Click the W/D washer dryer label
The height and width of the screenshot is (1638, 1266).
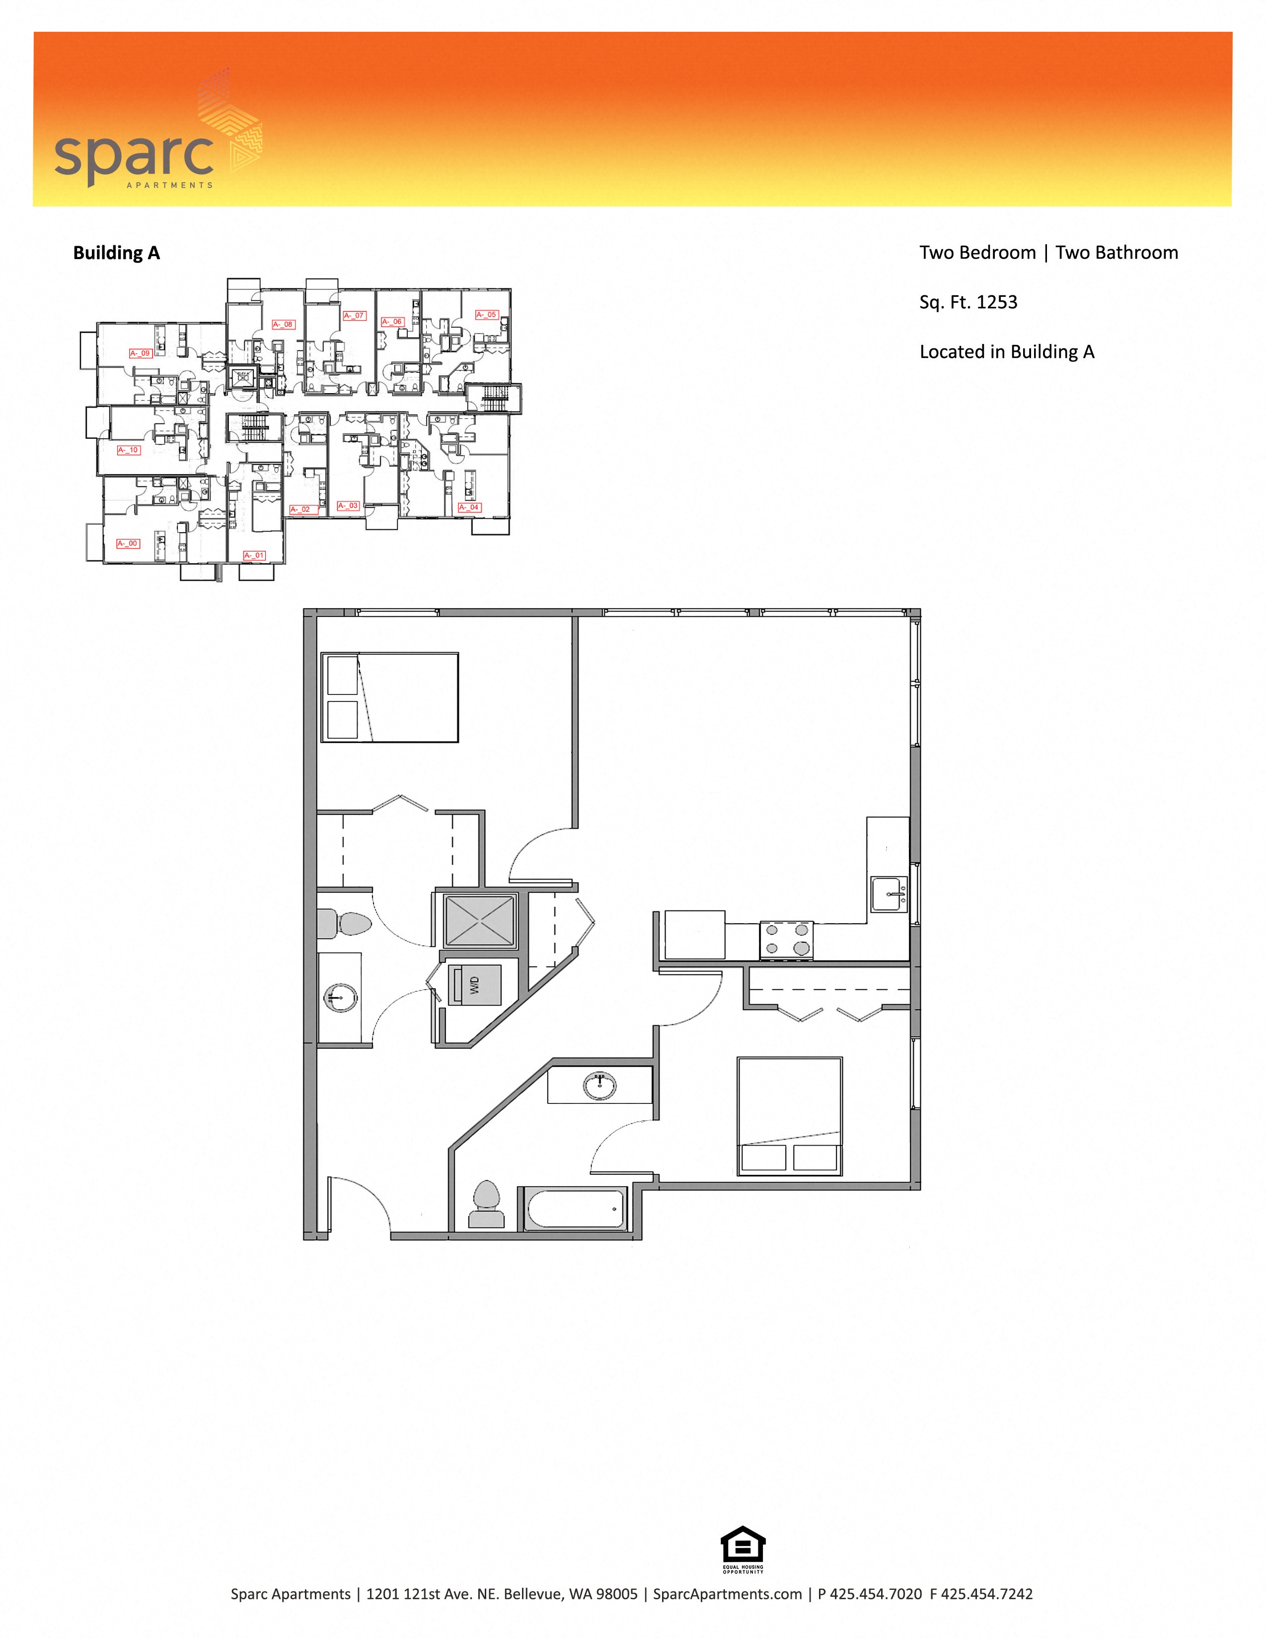click(x=473, y=984)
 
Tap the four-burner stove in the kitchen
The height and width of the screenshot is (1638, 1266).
click(x=786, y=940)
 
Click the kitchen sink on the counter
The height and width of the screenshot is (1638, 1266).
click(x=889, y=894)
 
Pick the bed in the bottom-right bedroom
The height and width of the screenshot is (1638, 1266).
click(x=790, y=1115)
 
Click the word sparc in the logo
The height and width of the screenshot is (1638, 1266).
click(x=134, y=156)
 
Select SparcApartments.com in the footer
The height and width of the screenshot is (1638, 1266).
click(x=727, y=1594)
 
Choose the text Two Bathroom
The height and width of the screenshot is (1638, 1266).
click(x=1117, y=253)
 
